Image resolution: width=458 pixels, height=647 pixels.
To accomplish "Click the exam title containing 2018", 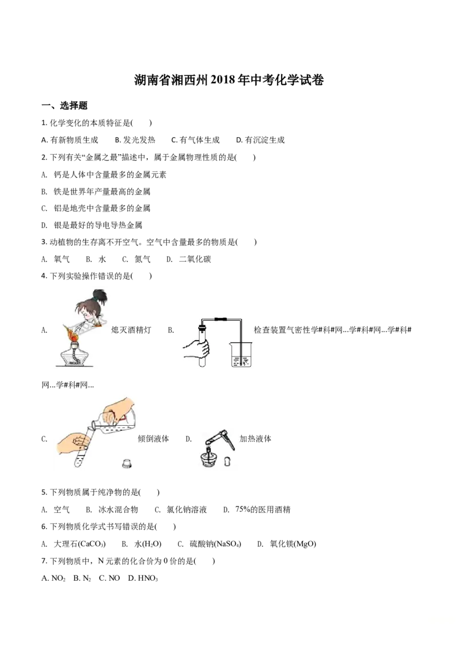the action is tap(229, 80).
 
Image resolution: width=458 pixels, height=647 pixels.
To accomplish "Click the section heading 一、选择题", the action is tap(65, 106).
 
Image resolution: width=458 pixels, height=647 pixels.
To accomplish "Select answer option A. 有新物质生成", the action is tap(70, 140).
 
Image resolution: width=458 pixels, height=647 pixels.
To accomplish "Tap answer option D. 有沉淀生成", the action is tap(260, 140).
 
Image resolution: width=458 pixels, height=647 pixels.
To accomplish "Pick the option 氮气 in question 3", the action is tap(136, 259).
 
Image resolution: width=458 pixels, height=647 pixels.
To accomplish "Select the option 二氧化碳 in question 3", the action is tap(189, 259).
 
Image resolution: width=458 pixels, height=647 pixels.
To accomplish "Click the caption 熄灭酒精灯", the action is tap(132, 330).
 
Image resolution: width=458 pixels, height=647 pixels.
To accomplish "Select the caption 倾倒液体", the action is tap(154, 438).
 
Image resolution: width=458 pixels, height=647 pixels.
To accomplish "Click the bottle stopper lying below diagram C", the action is tap(127, 464).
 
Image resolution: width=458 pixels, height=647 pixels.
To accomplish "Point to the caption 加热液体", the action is tap(255, 438).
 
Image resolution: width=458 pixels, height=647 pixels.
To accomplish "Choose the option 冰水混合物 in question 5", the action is tap(112, 510).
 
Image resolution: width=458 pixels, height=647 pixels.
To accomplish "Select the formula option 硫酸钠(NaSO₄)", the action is tap(210, 544).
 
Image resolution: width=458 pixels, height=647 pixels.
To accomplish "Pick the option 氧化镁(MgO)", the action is tap(287, 544).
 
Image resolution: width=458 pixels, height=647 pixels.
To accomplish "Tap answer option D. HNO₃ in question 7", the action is tap(143, 578).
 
